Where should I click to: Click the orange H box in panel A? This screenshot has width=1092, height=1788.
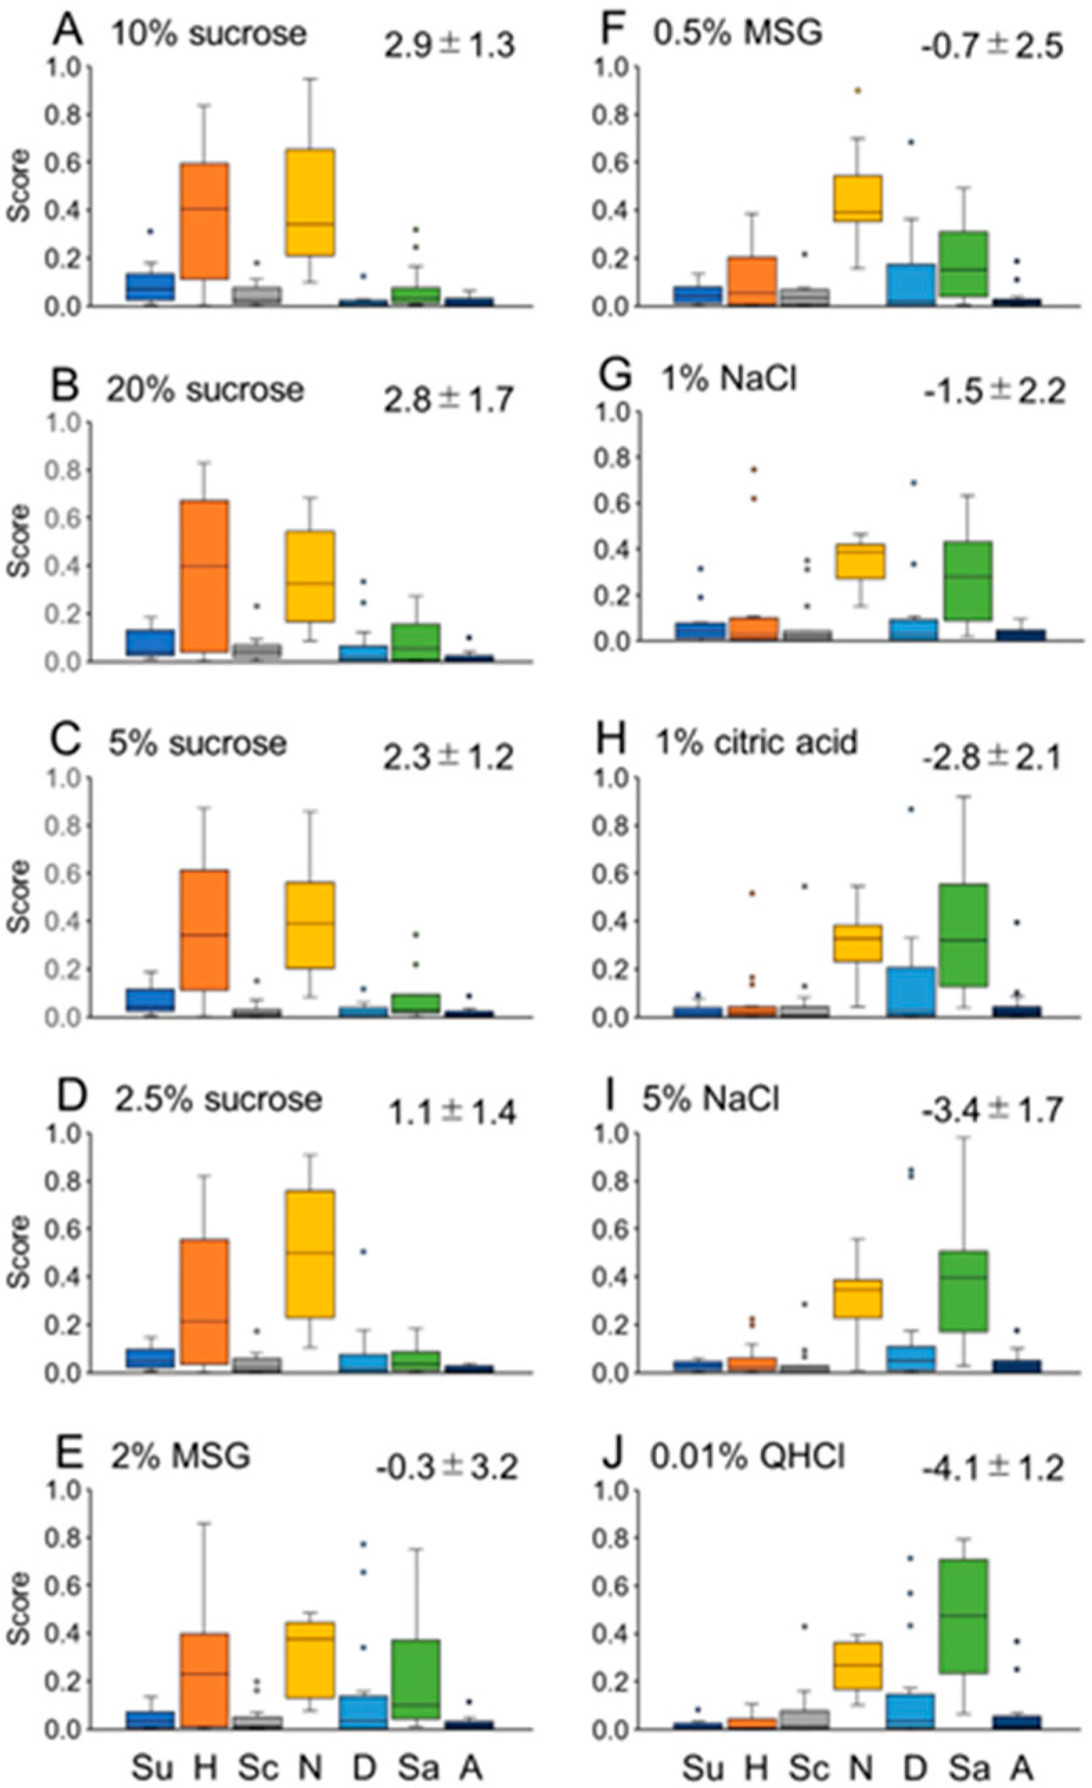coord(205,221)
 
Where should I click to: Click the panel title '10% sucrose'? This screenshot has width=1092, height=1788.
coord(208,34)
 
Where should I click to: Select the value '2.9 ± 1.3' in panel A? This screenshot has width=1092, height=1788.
coord(449,45)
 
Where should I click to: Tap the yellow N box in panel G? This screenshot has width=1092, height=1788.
coord(857,561)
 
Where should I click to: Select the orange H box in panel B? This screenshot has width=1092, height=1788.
coord(205,576)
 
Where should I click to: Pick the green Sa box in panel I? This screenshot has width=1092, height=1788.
coord(963,1290)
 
